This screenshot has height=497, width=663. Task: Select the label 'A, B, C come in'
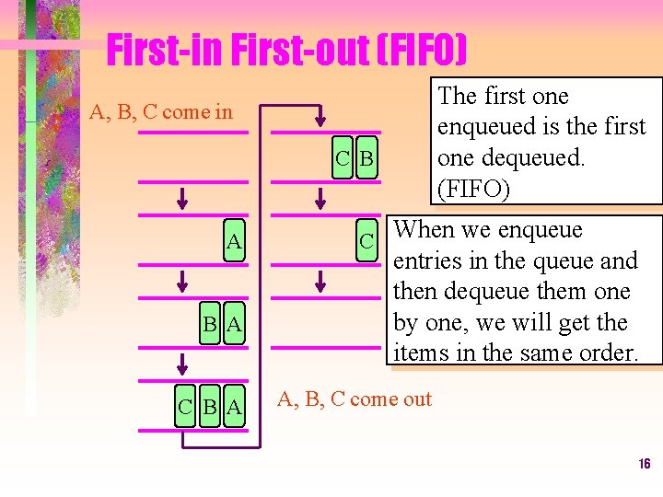(161, 113)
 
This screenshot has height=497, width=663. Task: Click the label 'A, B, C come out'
(355, 399)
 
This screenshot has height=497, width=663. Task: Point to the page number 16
(644, 464)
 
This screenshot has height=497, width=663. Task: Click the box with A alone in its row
(234, 242)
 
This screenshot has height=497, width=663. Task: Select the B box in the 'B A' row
(211, 324)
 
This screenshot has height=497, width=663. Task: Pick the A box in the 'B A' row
(234, 324)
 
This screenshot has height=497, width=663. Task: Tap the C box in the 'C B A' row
(188, 407)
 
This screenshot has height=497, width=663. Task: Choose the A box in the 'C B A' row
(234, 407)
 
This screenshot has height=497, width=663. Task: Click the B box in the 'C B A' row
(211, 407)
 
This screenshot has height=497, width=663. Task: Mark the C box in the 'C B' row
(343, 159)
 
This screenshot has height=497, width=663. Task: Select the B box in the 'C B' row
(366, 159)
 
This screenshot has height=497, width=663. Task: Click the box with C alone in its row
(366, 242)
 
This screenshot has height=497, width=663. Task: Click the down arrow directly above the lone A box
(182, 198)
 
